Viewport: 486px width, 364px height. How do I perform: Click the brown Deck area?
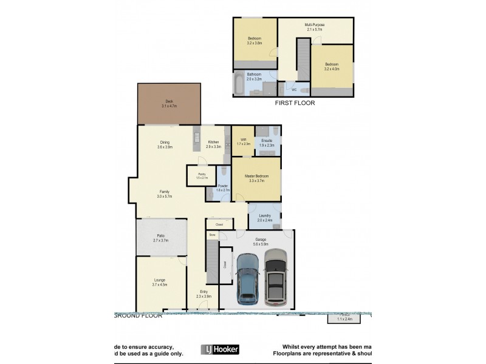tap(169, 104)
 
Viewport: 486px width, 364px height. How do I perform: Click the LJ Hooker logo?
tap(220, 349)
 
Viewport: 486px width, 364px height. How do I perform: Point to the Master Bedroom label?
tap(256, 176)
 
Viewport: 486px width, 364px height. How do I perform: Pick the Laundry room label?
tap(264, 215)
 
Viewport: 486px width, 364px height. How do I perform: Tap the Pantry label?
tap(202, 174)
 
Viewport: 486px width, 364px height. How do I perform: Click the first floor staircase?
tap(303, 59)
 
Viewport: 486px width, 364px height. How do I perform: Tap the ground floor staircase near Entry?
tap(211, 261)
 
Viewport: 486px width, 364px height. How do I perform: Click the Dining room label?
tap(165, 142)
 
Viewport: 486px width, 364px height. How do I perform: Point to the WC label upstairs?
tap(294, 90)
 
